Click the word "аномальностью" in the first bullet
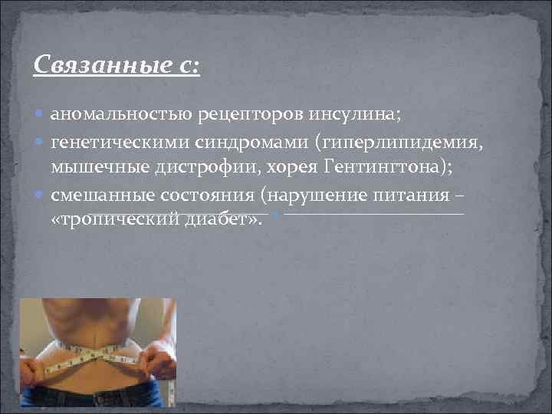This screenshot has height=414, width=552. [109, 114]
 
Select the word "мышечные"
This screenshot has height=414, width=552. [90, 167]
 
